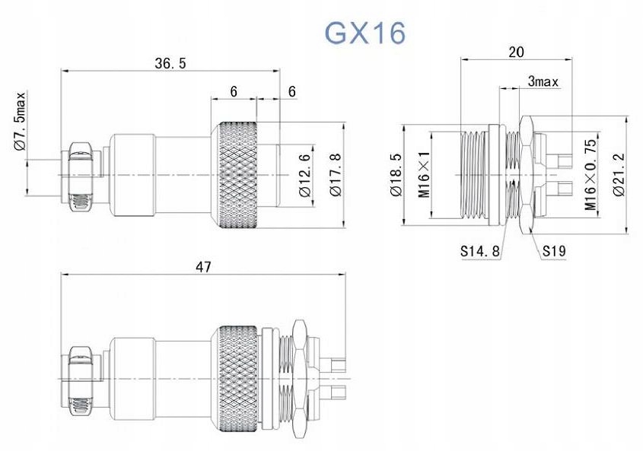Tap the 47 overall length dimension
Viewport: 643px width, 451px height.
tap(203, 266)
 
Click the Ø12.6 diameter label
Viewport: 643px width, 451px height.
tap(305, 176)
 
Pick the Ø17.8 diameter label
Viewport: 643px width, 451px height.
tap(335, 176)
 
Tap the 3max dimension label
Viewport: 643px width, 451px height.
tap(543, 81)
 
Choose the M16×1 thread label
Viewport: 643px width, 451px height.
tap(425, 176)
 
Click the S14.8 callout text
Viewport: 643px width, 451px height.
tap(479, 250)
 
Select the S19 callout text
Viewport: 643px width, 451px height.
tap(553, 250)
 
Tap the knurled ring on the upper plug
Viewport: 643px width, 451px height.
tap(237, 176)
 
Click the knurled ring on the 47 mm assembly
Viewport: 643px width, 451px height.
tap(237, 378)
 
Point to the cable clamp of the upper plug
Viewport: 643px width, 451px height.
tap(81, 176)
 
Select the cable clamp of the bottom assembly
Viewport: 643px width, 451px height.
tap(81, 378)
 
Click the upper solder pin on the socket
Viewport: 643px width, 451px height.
tap(562, 161)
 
